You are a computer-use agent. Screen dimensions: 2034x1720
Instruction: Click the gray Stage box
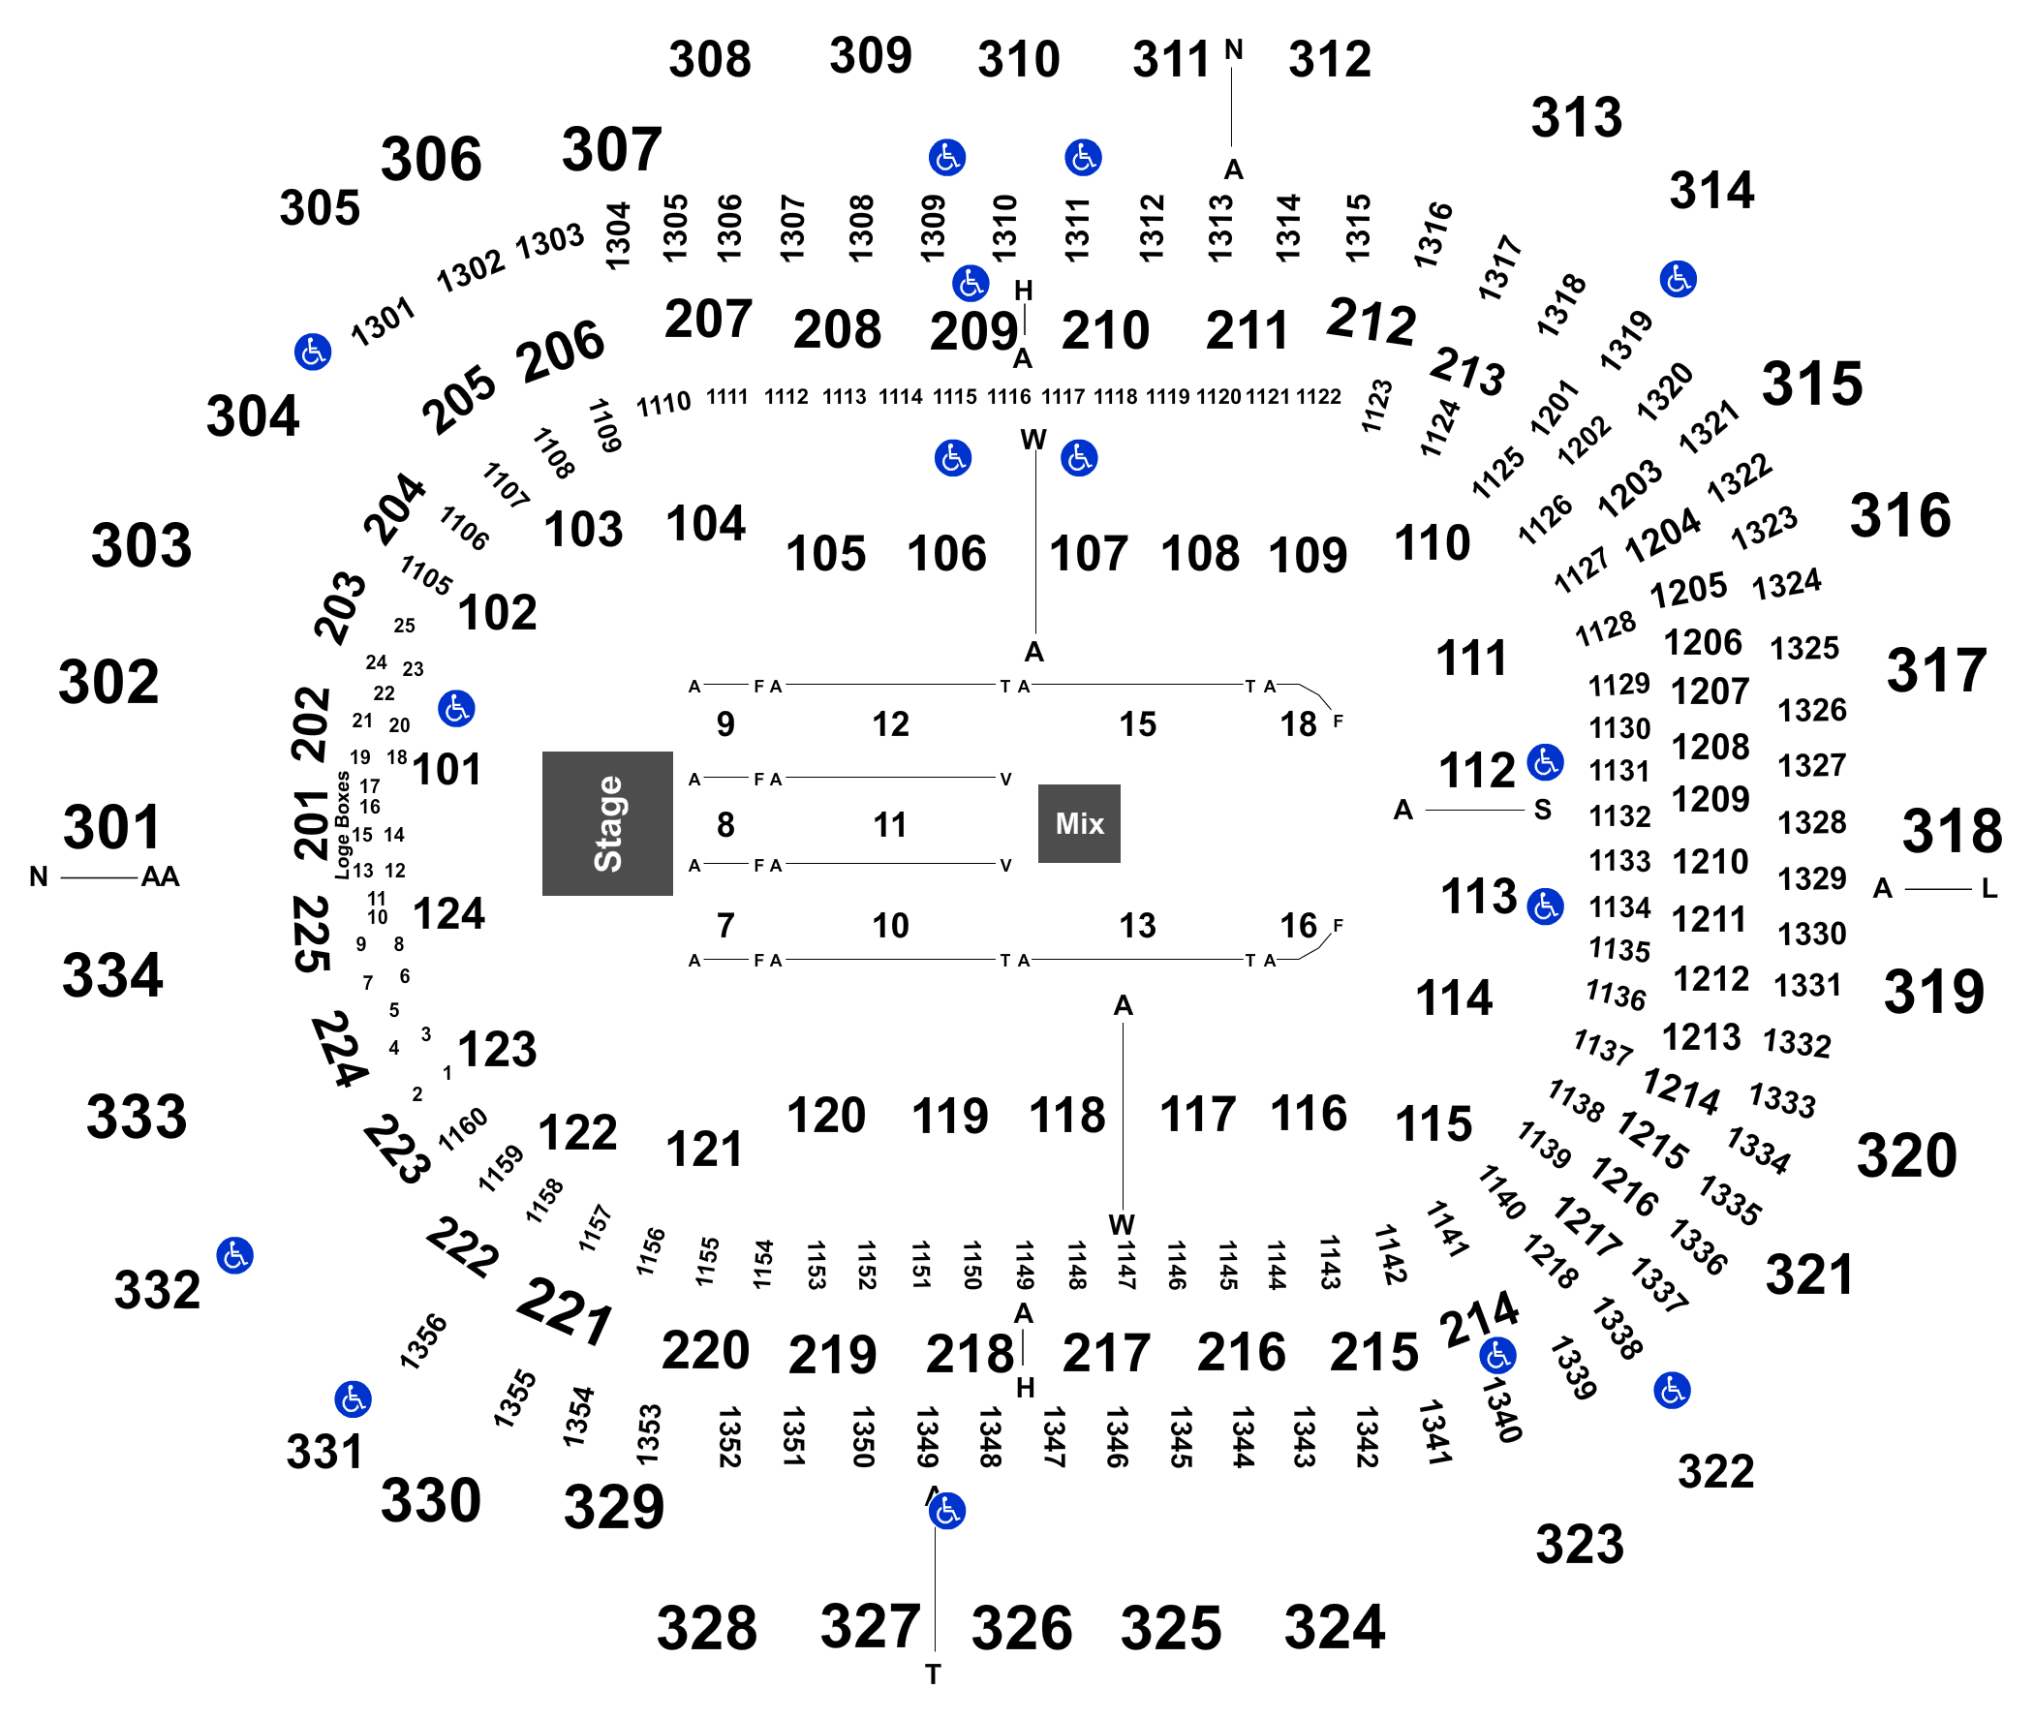[x=606, y=823]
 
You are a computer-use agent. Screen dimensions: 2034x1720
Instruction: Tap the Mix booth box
[x=1078, y=823]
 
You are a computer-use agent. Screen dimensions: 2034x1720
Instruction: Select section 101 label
[x=447, y=769]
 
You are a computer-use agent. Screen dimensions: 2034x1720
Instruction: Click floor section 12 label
[x=890, y=724]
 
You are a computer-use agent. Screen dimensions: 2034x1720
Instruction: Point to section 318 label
[x=1952, y=831]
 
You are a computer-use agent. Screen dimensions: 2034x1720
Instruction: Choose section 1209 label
[x=1710, y=800]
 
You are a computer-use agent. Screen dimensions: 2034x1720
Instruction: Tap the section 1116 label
[x=1008, y=397]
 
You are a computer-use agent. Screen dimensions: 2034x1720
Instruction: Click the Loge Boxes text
[x=342, y=825]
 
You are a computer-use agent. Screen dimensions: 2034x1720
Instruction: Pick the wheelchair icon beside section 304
[x=313, y=351]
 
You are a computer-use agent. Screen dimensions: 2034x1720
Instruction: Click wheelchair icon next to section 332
[x=235, y=1255]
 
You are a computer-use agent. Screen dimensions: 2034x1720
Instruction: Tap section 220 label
[x=705, y=1350]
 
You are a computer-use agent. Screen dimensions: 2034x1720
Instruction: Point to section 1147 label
[x=1126, y=1265]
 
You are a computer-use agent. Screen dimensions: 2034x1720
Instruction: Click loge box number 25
[x=405, y=625]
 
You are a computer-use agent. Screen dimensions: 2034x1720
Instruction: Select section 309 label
[x=871, y=55]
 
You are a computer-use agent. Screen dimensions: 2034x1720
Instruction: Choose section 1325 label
[x=1803, y=648]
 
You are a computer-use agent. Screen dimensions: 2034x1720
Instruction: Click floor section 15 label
[x=1137, y=724]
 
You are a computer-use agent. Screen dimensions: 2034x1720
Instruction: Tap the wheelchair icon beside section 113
[x=1546, y=906]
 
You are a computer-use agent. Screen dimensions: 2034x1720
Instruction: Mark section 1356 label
[x=423, y=1341]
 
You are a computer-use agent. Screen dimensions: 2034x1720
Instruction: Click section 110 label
[x=1432, y=543]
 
